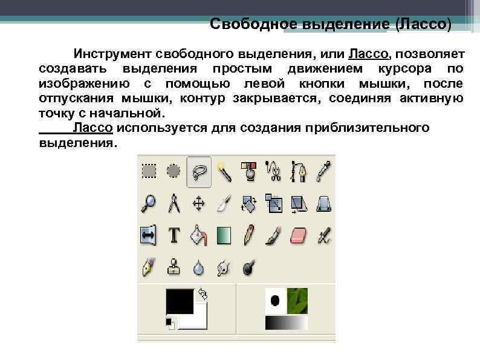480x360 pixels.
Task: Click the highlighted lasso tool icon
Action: [x=199, y=172]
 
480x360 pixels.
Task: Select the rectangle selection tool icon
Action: [x=149, y=171]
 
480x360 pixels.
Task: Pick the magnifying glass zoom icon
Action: [x=149, y=203]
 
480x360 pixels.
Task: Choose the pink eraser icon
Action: [x=300, y=235]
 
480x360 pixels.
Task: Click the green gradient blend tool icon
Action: [x=224, y=235]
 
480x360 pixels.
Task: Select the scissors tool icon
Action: [x=274, y=172]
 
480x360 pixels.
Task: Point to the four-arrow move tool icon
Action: [x=199, y=203]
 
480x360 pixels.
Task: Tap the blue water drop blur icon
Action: [x=199, y=267]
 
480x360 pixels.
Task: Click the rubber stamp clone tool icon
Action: [x=174, y=267]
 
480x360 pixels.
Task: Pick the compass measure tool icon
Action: [x=174, y=203]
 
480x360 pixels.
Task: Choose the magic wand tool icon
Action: [x=224, y=172]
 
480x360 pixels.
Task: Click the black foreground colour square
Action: [x=180, y=301]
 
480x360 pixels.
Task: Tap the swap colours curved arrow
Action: [x=203, y=294]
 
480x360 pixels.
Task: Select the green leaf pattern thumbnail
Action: [x=297, y=301]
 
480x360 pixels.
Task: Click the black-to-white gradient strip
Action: [x=286, y=323]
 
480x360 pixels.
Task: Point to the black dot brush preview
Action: [x=275, y=300]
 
